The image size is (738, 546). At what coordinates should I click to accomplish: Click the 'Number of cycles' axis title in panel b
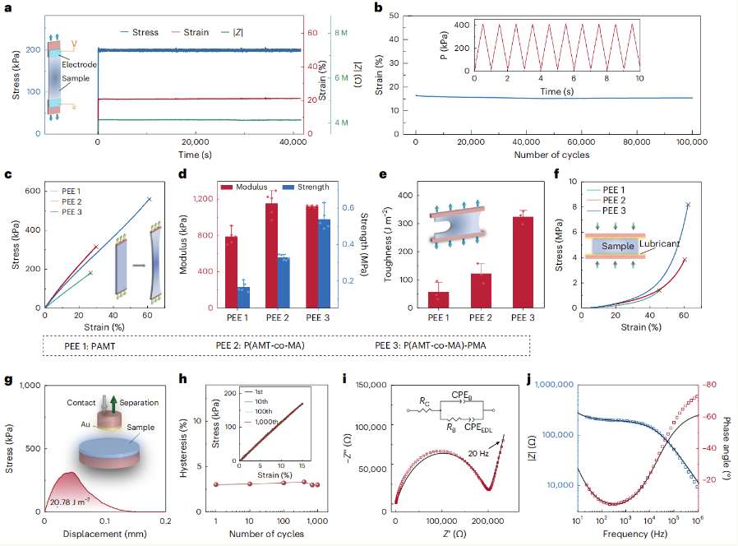click(552, 155)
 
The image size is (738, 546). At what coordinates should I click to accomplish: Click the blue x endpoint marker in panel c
click(149, 198)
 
